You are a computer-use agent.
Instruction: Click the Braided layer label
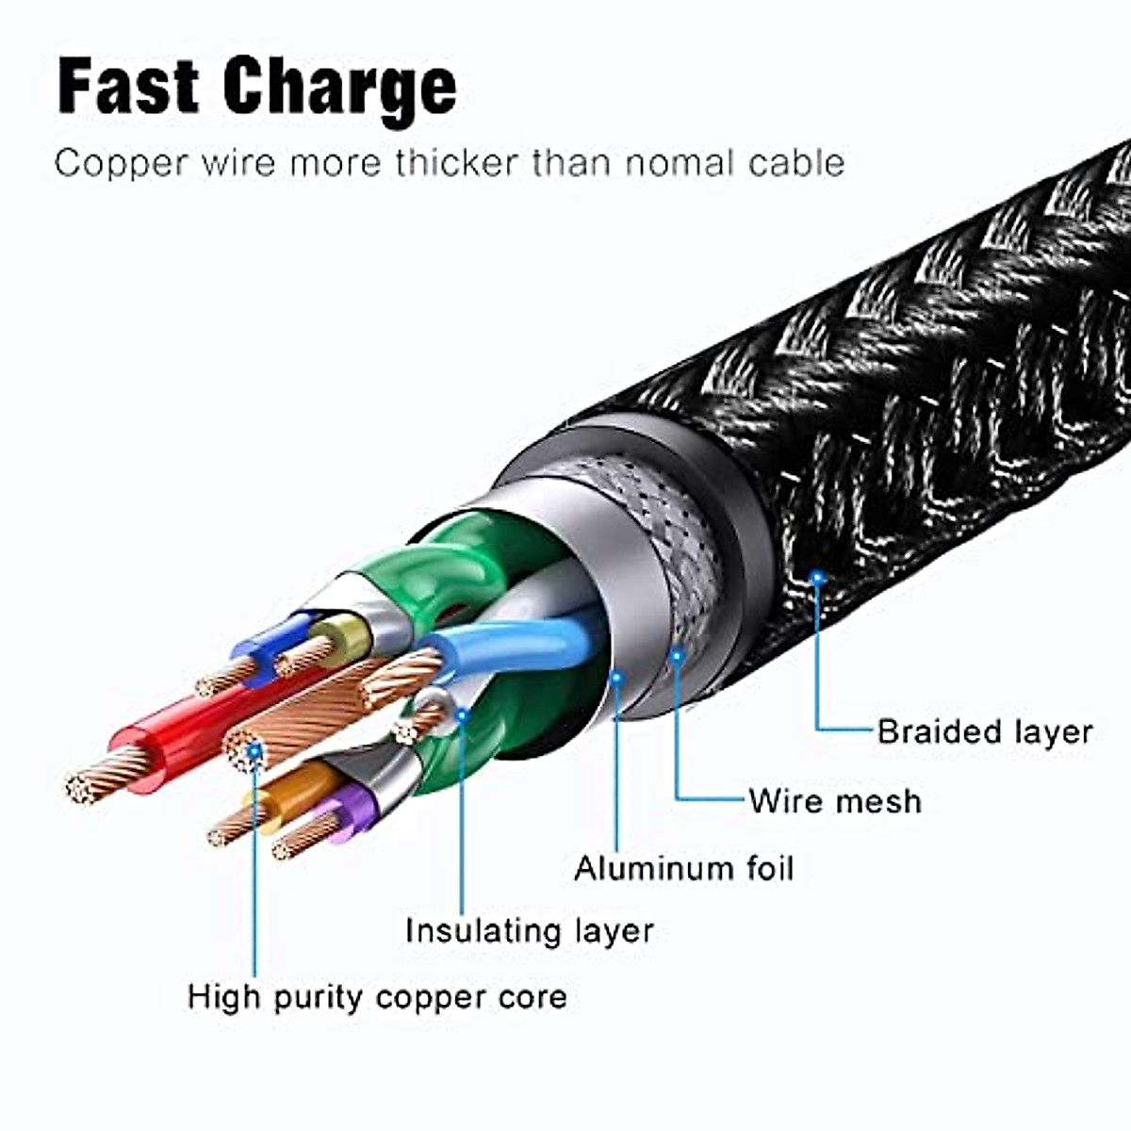point(984,731)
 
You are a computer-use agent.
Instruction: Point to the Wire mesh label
point(835,801)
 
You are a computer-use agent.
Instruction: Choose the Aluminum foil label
point(684,868)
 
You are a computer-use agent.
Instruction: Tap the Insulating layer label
point(529,931)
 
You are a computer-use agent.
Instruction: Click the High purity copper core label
point(377,997)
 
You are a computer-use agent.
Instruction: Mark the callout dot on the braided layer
point(817,574)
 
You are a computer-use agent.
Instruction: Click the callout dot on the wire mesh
point(676,652)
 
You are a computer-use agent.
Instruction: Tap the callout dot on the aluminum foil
point(617,677)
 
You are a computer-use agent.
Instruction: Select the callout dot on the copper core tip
point(254,751)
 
